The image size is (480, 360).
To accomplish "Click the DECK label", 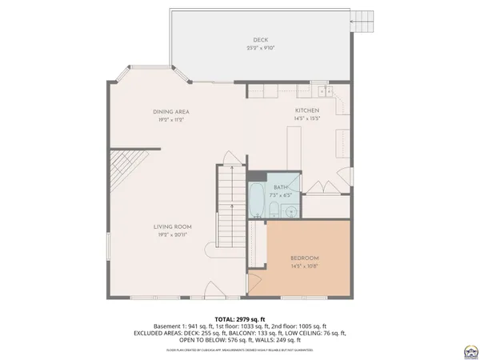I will tap(261, 39).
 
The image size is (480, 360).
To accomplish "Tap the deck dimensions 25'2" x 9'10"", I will tap(261, 48).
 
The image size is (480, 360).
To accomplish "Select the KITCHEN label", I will tap(307, 110).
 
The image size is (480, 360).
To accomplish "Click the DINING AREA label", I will tap(170, 111).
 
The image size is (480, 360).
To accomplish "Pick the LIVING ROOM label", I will tap(172, 227).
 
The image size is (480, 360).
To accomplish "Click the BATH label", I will tap(281, 186).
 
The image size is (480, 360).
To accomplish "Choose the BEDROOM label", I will tap(305, 258).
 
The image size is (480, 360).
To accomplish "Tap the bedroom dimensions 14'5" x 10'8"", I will tap(305, 266).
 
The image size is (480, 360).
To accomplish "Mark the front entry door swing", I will tap(210, 289).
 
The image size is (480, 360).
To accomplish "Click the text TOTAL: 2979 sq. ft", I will tap(240, 318).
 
